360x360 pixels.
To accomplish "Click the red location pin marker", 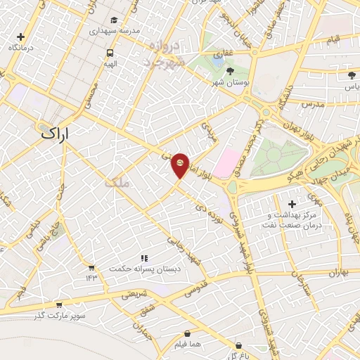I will click(x=181, y=165).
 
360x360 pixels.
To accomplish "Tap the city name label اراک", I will click(x=57, y=131).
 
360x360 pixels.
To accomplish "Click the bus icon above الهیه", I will click(x=110, y=52).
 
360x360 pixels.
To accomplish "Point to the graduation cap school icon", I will click(x=115, y=20).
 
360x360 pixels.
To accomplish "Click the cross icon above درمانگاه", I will click(x=21, y=37).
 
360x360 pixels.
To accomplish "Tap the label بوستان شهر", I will click(x=231, y=83).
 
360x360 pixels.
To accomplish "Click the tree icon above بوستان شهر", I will click(x=231, y=71).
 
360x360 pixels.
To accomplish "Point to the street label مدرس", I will click(x=313, y=103).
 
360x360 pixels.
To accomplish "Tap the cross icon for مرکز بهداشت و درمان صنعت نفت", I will click(x=292, y=204).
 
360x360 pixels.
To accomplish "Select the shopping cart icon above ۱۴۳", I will click(x=91, y=267).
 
